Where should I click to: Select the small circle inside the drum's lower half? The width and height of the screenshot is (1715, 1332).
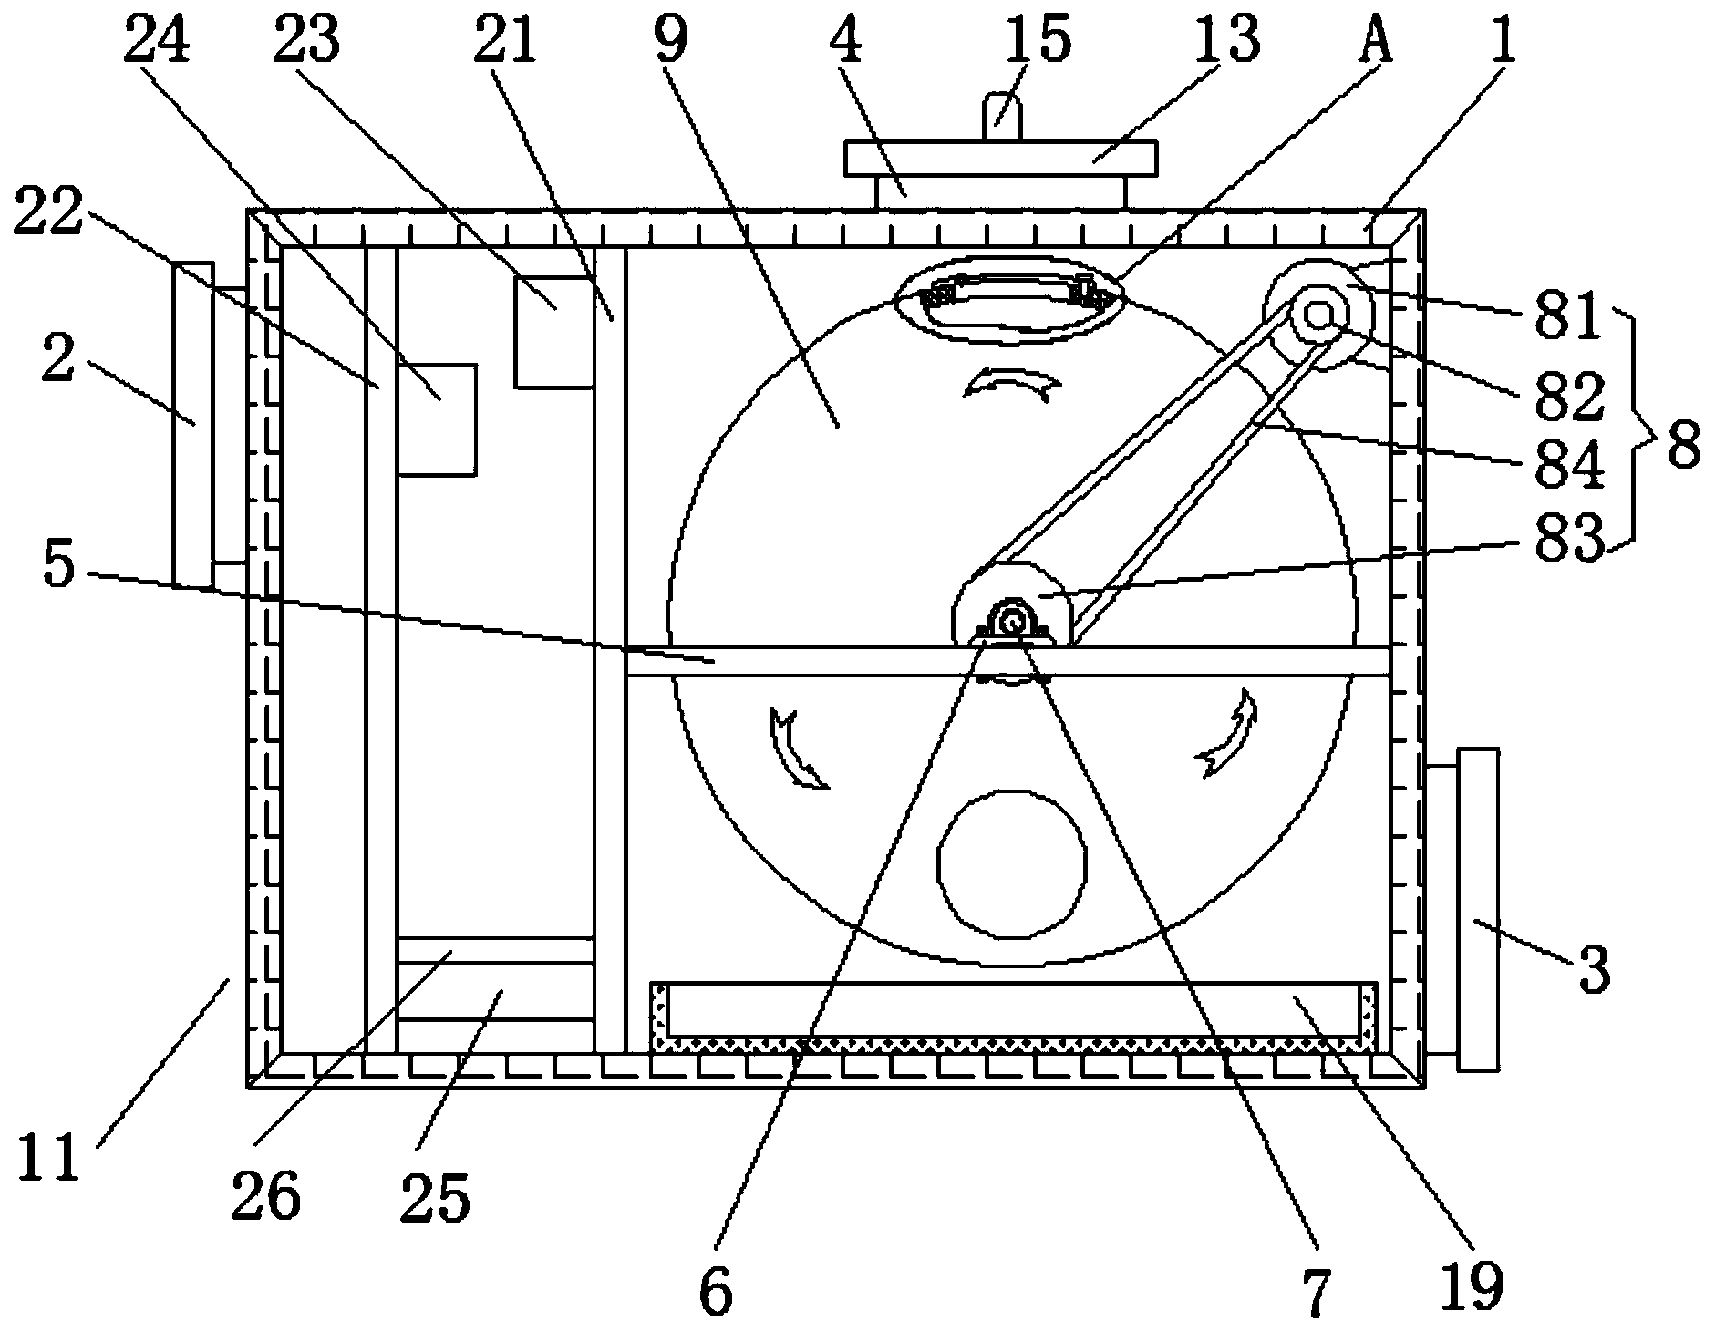pos(1013,863)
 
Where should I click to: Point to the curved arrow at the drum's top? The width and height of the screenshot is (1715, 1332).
pos(1012,385)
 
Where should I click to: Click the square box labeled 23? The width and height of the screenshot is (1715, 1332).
pos(553,332)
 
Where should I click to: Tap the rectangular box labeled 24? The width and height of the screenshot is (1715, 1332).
pos(437,419)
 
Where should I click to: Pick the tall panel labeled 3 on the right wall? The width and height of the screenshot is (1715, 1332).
pos(1478,908)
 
